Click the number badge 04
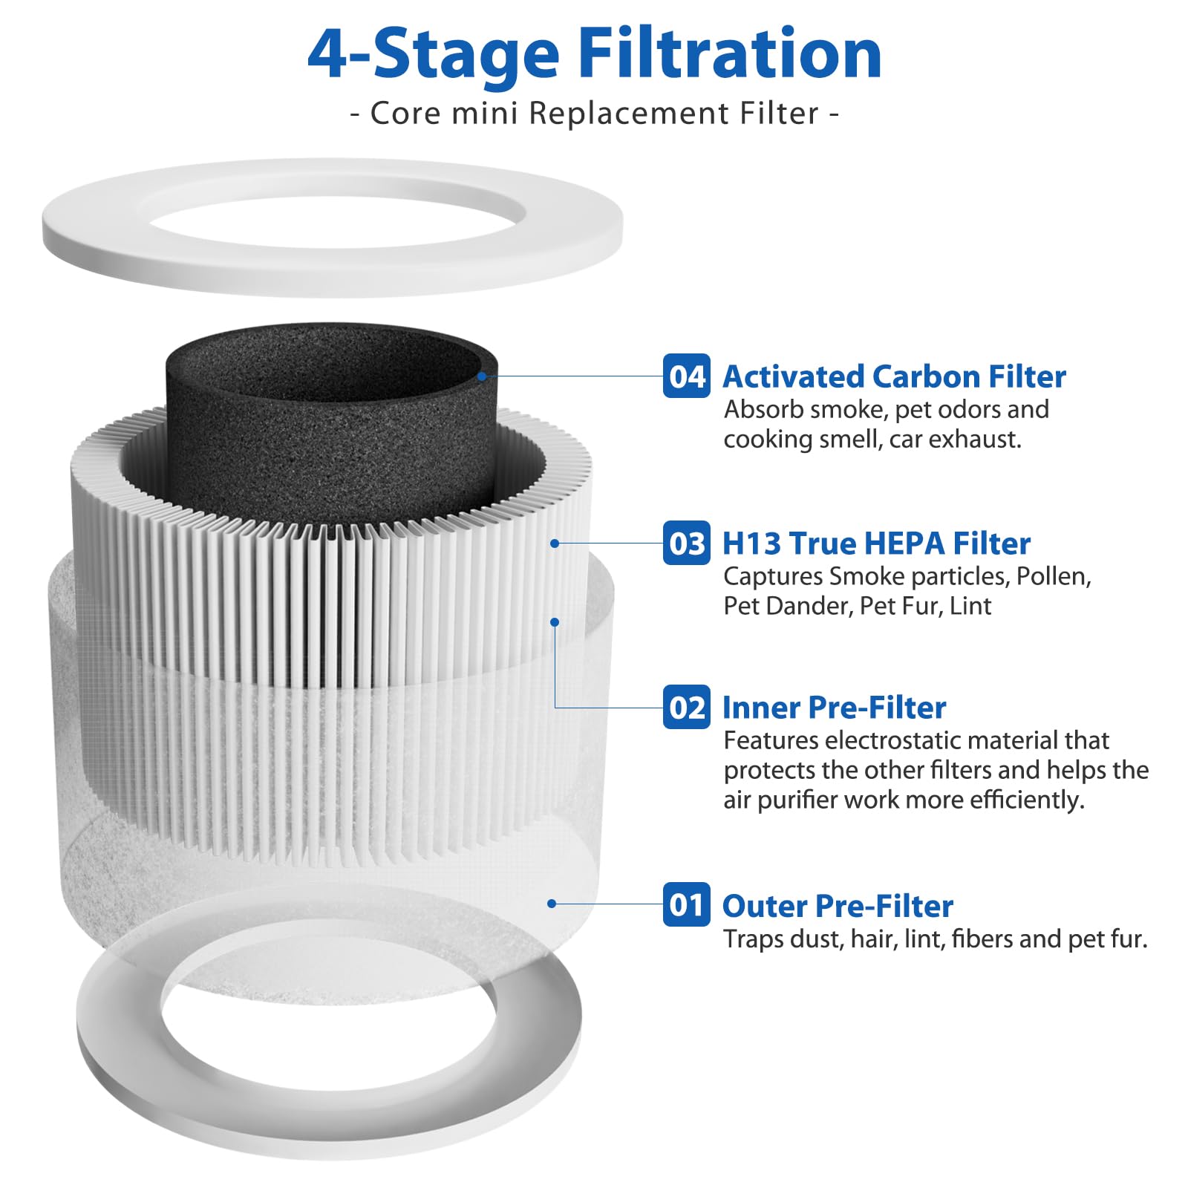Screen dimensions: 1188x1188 686,376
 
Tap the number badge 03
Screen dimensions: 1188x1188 686,544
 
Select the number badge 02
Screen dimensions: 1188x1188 686,707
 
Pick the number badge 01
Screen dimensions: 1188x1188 686,904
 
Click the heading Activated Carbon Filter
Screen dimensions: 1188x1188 894,376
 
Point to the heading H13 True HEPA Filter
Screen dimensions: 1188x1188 876,544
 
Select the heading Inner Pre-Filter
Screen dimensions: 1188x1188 834,708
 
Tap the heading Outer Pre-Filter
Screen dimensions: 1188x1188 838,906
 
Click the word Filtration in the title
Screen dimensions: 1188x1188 729,53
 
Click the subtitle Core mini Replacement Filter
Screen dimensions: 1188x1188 594,114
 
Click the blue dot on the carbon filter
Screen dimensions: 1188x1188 482,376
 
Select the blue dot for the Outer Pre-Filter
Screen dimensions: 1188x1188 552,904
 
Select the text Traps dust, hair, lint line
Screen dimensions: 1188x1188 936,939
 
